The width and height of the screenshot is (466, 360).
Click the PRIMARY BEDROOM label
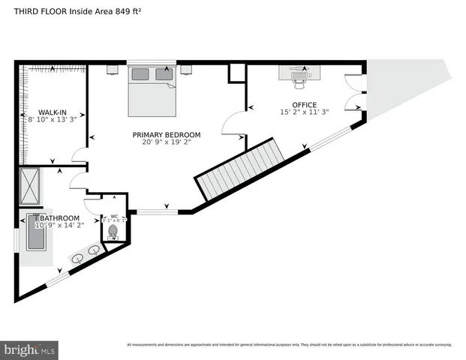click(167, 135)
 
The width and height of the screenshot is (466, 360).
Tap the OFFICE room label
click(304, 104)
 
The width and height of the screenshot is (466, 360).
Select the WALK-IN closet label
click(53, 111)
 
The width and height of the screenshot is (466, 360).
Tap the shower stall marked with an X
click(31, 187)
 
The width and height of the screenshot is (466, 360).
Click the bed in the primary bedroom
click(152, 91)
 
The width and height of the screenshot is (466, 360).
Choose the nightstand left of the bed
click(113, 69)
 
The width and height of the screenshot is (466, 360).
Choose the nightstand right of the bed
click(187, 69)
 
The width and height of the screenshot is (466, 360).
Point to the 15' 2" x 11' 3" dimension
click(304, 112)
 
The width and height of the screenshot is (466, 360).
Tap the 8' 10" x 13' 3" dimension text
click(53, 118)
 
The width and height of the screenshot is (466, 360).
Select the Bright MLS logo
click(30, 349)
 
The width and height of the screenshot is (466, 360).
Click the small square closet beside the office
click(238, 73)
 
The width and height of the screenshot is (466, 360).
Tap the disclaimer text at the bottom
click(289, 344)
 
